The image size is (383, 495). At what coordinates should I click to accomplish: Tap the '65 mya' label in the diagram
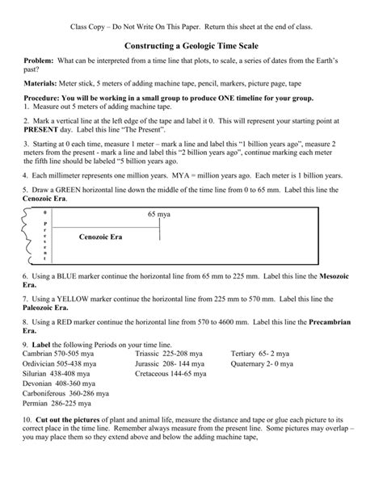pyautogui.click(x=159, y=215)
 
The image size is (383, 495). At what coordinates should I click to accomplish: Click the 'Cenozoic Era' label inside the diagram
pyautogui.click(x=100, y=237)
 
